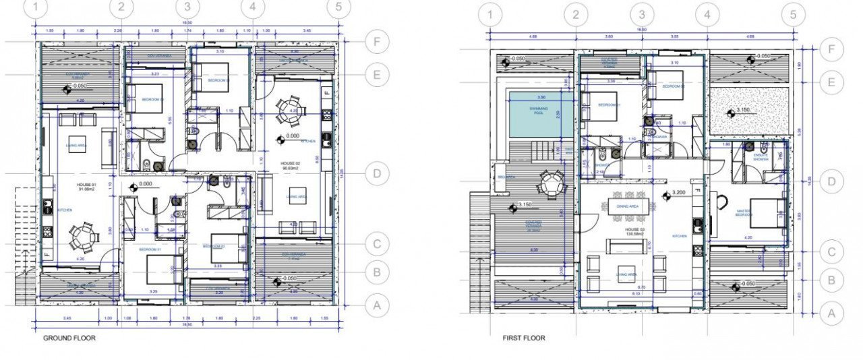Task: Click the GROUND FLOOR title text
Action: pyautogui.click(x=69, y=338)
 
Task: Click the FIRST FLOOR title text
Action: pyautogui.click(x=524, y=338)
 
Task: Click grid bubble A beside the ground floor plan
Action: pyautogui.click(x=378, y=305)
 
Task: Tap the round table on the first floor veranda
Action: pyautogui.click(x=551, y=183)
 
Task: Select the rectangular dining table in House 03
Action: pyautogui.click(x=628, y=205)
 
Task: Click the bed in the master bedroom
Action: pyautogui.click(x=767, y=213)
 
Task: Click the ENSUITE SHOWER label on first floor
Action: pyautogui.click(x=761, y=158)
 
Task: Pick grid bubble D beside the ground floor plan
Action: pyautogui.click(x=378, y=173)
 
